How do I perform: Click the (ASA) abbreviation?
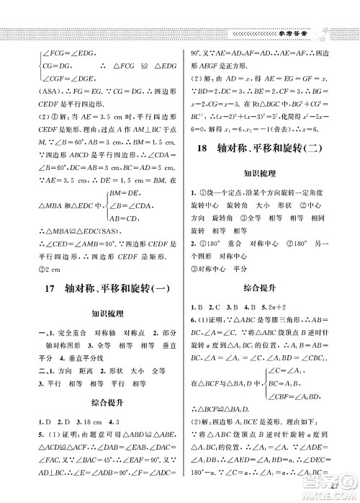(x=39, y=93)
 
